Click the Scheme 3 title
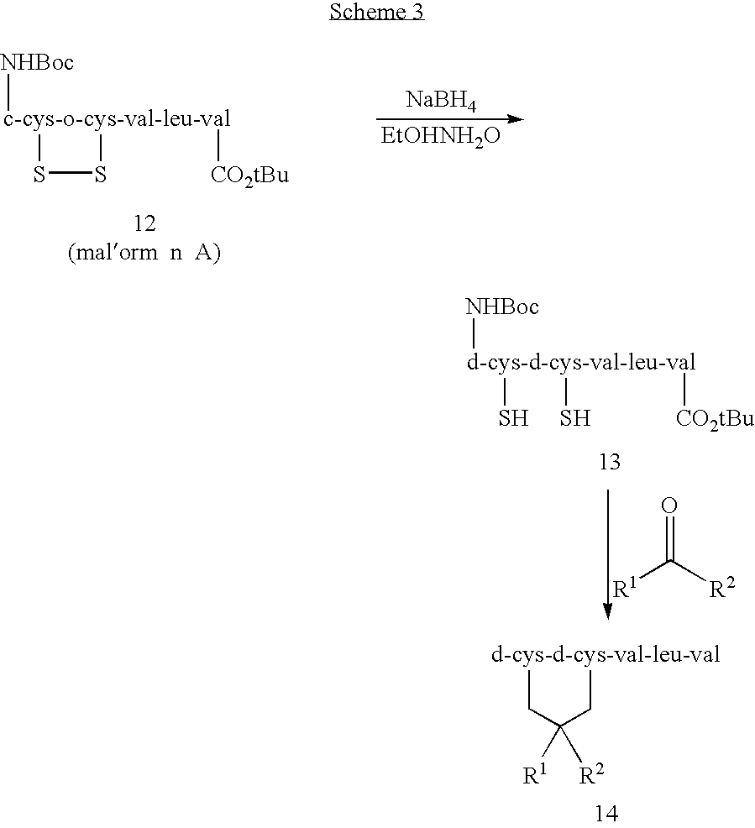coord(377,13)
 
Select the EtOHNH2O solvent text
coord(440,137)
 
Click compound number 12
coord(144,223)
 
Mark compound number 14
coord(606,812)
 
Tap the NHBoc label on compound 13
coord(502,307)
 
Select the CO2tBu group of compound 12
coord(249,177)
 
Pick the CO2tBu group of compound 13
coord(715,419)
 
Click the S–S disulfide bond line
coord(70,176)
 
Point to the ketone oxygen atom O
coord(670,506)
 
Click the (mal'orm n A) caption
coord(144,254)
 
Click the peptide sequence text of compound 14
coord(605,655)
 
